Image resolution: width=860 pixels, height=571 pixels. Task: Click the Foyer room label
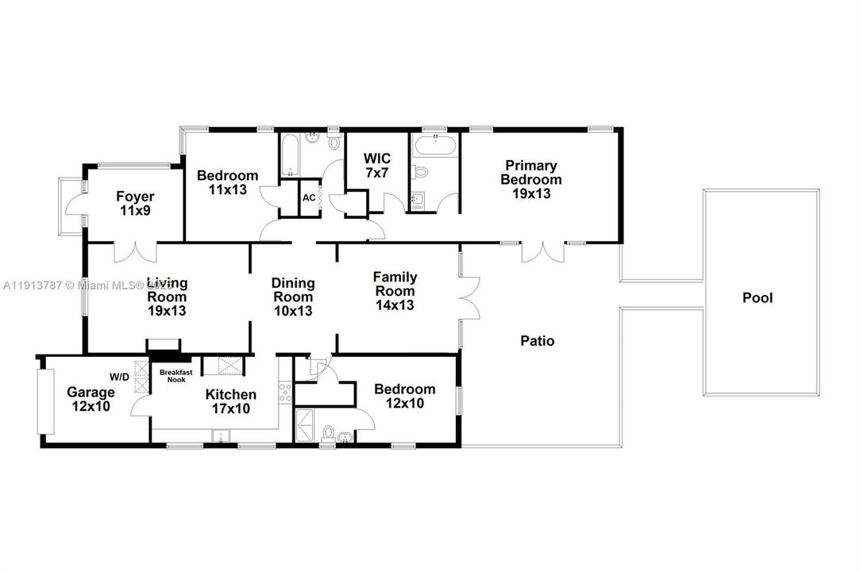(x=135, y=204)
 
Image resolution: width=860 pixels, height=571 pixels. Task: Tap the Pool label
(x=757, y=298)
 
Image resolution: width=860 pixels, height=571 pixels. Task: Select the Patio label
(x=537, y=341)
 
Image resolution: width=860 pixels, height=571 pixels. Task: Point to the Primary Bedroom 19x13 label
(x=530, y=178)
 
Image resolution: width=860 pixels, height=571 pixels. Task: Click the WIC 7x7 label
(x=376, y=165)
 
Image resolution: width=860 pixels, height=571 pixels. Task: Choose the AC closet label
(x=309, y=198)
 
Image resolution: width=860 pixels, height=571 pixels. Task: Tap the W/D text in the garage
(x=121, y=376)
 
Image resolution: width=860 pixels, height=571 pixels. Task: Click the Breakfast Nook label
(x=175, y=375)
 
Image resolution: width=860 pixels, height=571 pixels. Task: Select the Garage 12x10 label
(x=90, y=399)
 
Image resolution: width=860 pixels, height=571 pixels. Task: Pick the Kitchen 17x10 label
(x=230, y=401)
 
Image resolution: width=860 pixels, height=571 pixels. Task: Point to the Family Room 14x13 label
(x=395, y=290)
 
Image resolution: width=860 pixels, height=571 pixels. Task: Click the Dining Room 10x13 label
(x=293, y=297)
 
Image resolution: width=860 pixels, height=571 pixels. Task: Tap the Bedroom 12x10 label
(x=405, y=396)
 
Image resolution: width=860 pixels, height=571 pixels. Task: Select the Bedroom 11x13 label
(x=227, y=182)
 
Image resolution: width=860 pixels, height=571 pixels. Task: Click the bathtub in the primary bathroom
(x=434, y=146)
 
